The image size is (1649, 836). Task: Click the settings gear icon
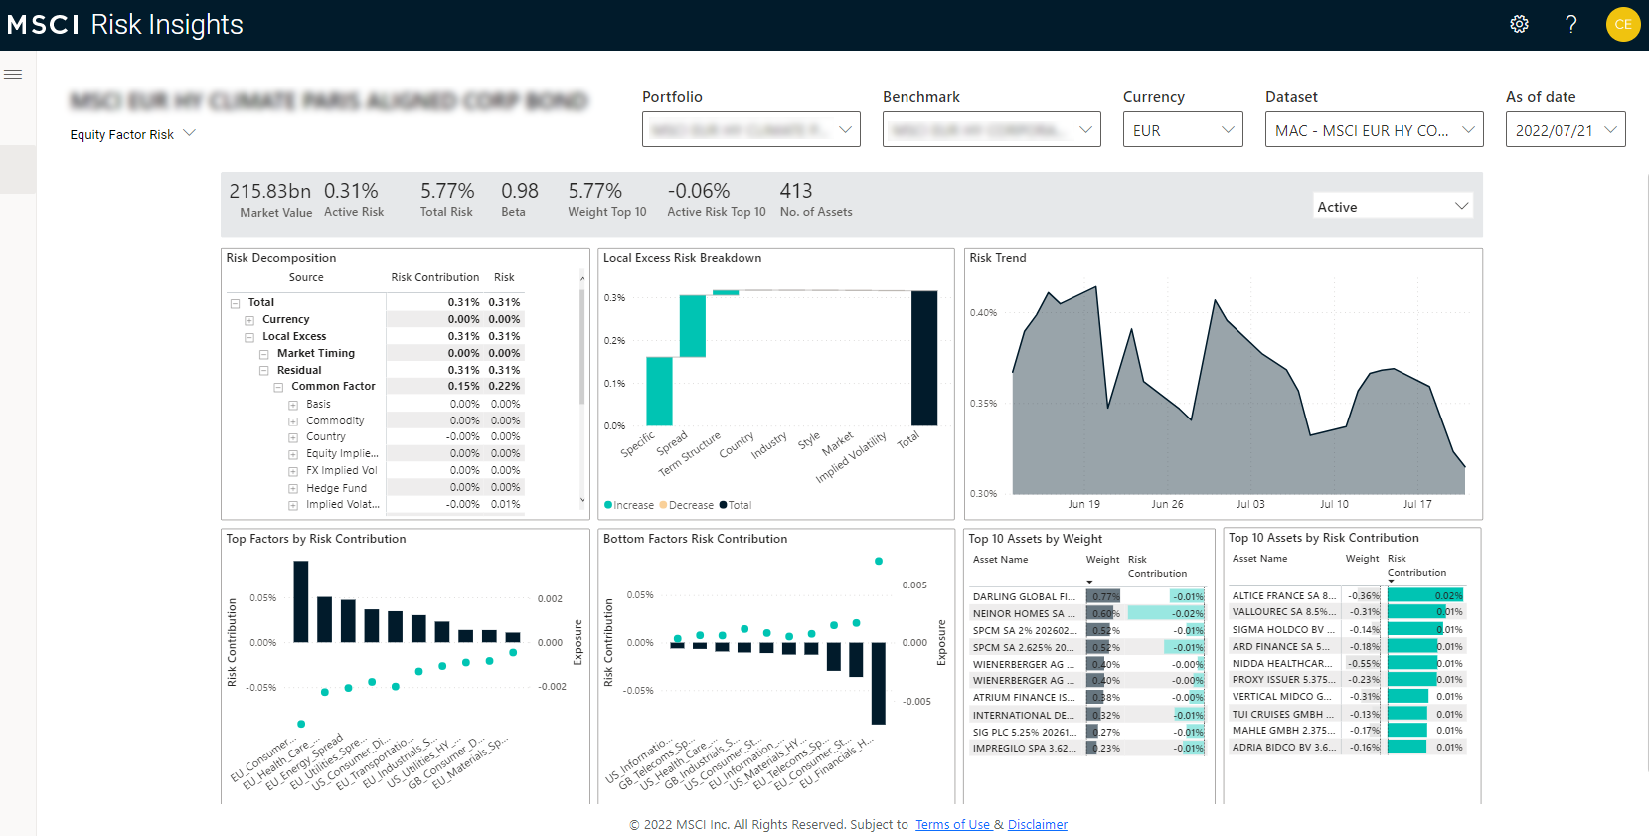(x=1519, y=24)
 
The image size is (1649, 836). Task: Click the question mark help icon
(x=1571, y=24)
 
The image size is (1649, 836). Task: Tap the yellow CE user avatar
(x=1623, y=24)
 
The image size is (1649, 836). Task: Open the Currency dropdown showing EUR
(x=1182, y=130)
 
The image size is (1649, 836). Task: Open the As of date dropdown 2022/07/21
(x=1565, y=130)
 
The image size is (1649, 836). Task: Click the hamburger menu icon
(x=13, y=74)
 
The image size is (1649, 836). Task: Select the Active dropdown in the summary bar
(x=1392, y=207)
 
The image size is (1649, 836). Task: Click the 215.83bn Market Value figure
(x=269, y=191)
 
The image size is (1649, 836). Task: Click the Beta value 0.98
(x=519, y=191)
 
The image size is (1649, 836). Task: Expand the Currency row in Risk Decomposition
(x=249, y=320)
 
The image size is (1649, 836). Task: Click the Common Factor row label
(x=333, y=386)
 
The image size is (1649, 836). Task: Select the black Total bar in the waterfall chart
(x=924, y=358)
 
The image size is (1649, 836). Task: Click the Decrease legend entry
(x=690, y=505)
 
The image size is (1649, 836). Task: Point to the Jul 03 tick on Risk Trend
(x=1250, y=504)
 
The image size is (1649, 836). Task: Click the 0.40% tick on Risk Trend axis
(x=983, y=313)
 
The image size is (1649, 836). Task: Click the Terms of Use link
(x=952, y=824)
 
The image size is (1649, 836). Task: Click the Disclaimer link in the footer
(x=1037, y=824)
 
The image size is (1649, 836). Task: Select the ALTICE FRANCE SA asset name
(x=1283, y=596)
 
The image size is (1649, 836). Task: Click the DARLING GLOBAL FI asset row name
(x=1024, y=597)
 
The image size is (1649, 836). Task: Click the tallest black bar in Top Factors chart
(x=300, y=601)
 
